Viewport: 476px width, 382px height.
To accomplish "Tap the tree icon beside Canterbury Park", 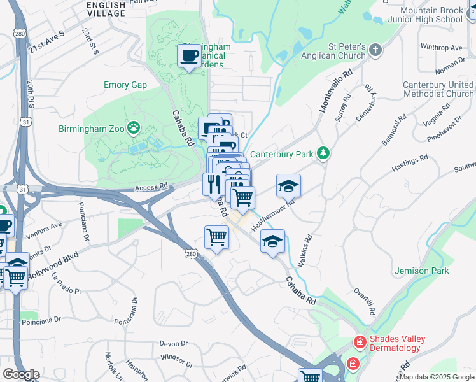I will click(x=324, y=153).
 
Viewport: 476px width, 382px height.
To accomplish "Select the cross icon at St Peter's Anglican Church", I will click(x=376, y=50).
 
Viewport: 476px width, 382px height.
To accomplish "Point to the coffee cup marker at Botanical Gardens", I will click(x=189, y=57).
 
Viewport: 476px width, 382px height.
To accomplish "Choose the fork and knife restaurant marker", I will click(x=213, y=184).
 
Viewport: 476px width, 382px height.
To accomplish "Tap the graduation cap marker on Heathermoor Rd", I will click(x=288, y=185).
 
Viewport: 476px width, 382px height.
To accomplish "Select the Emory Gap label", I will click(x=125, y=85).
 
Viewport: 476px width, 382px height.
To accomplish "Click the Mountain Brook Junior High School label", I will click(x=431, y=15).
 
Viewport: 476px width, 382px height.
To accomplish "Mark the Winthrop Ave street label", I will click(x=440, y=48).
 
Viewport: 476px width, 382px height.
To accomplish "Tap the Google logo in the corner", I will click(x=21, y=374).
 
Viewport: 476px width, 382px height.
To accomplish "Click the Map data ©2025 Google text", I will click(x=436, y=377).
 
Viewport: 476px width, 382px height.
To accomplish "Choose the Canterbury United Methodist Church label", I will click(x=438, y=89).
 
